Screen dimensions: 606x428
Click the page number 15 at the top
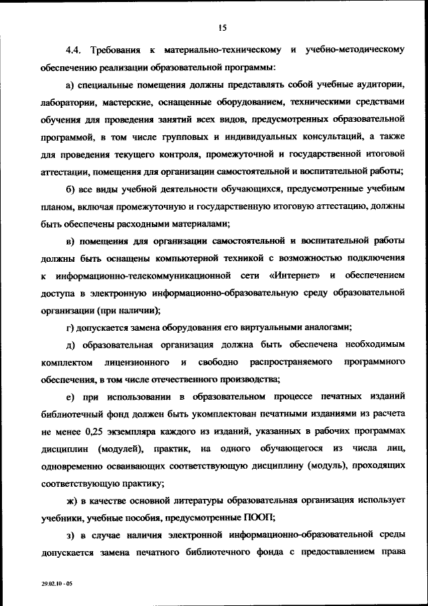click(223, 27)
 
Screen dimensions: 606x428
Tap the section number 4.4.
click(74, 50)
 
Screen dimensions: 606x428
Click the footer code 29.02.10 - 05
click(56, 584)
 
